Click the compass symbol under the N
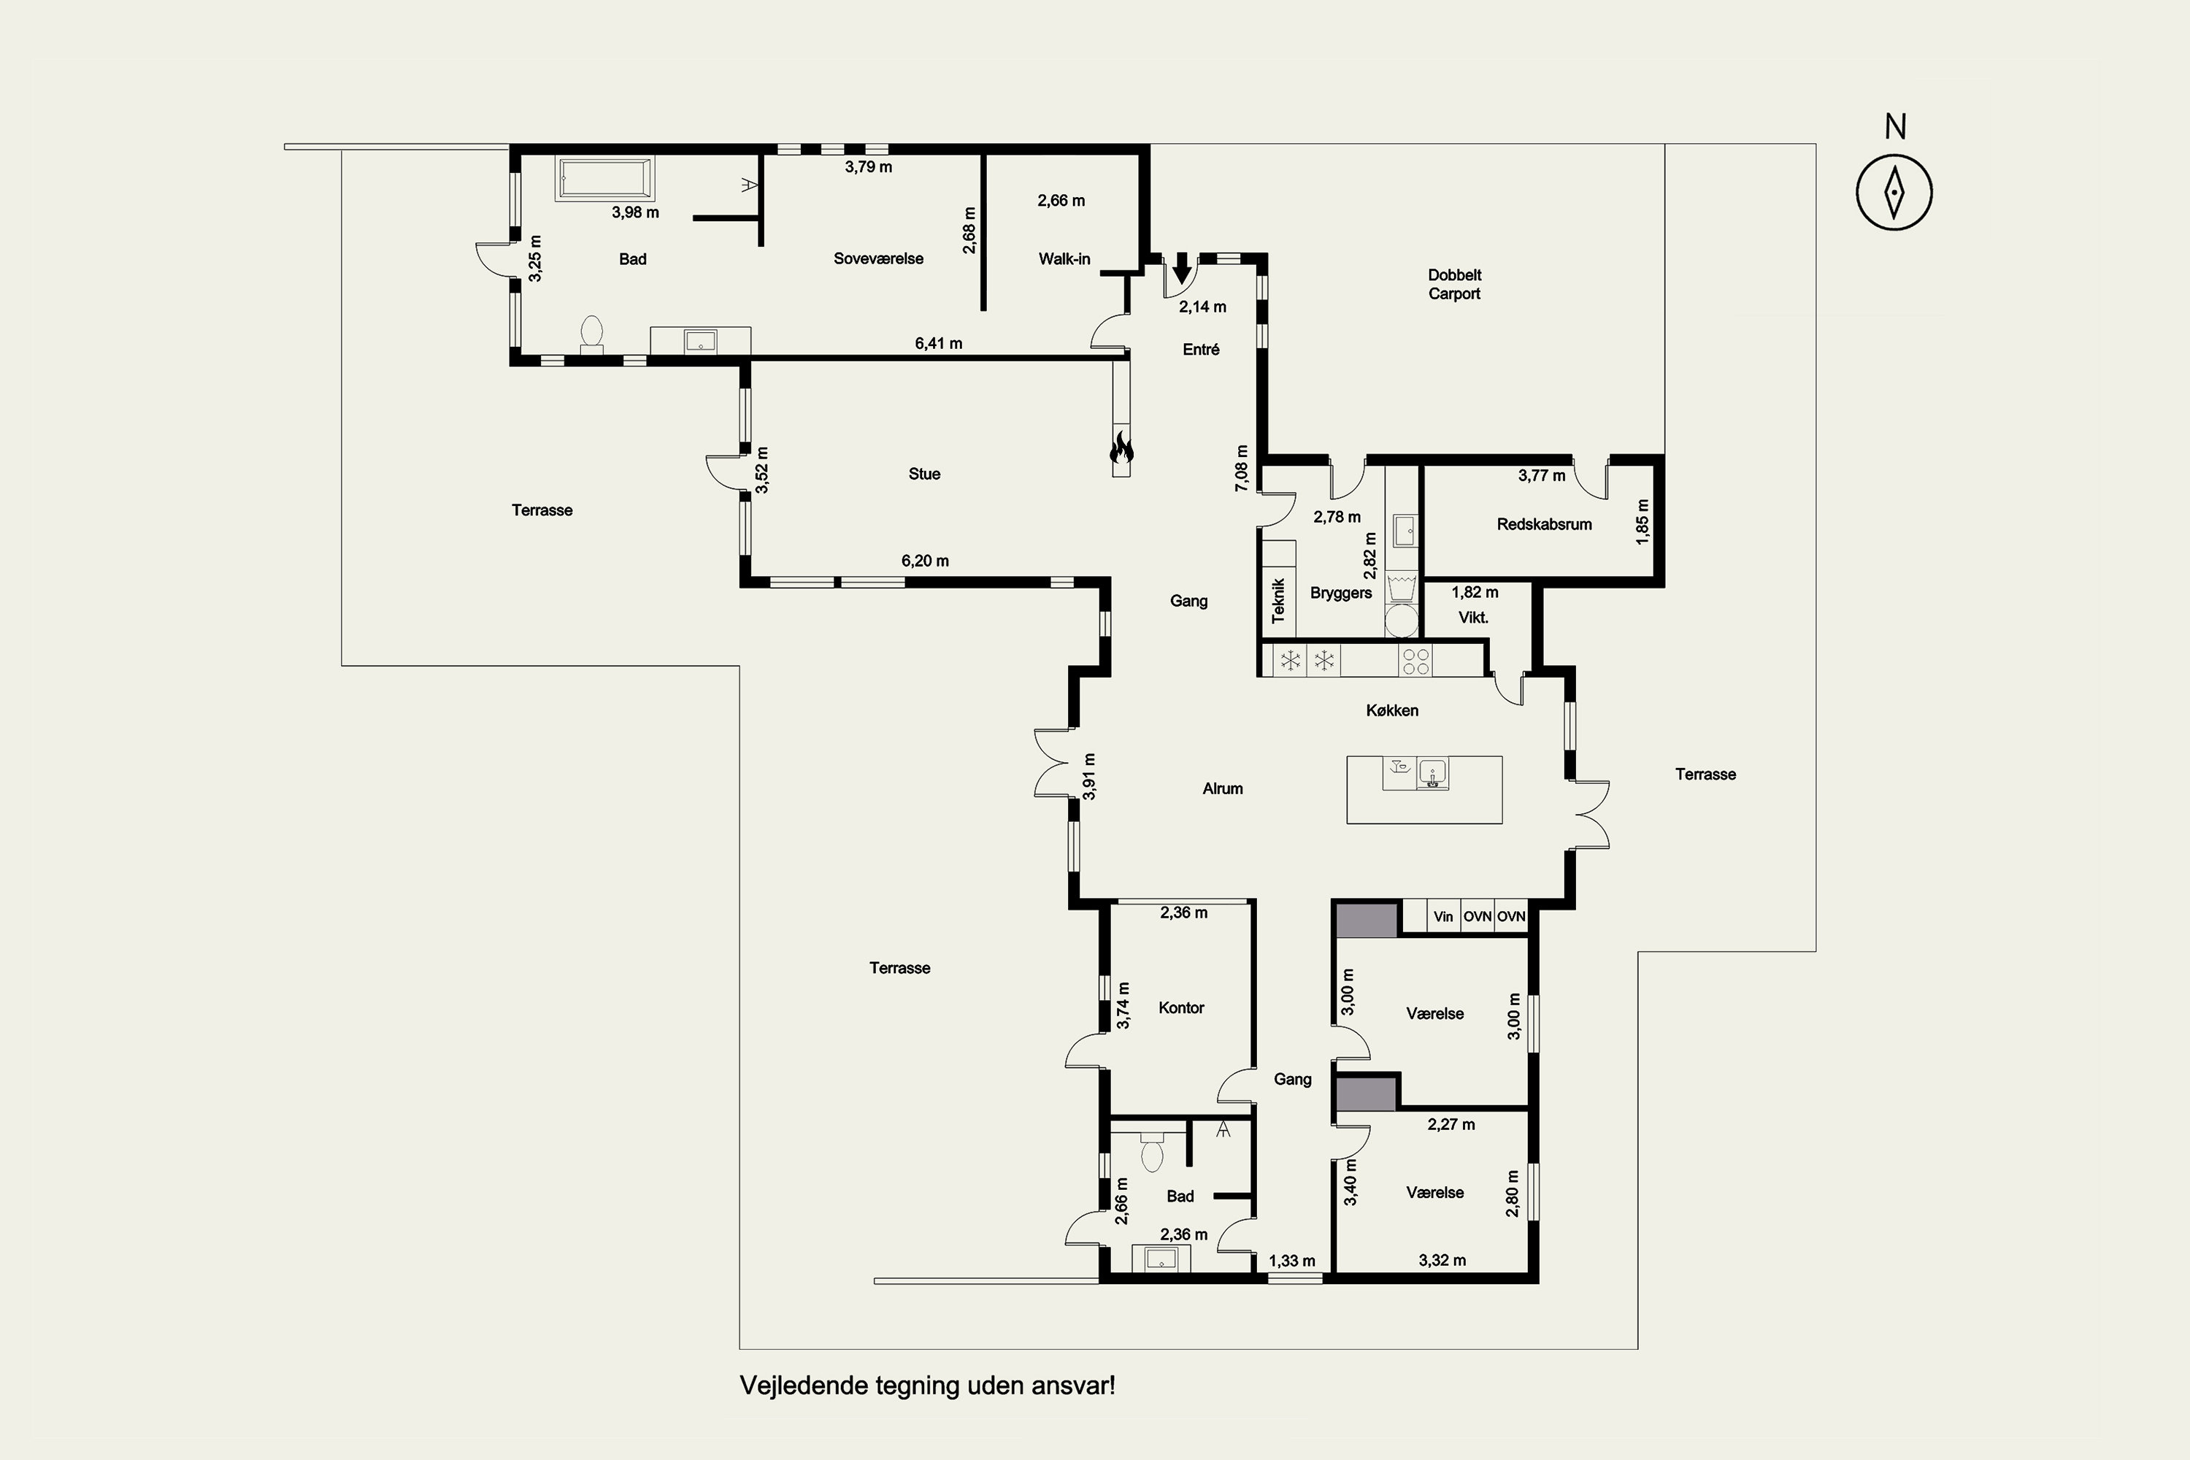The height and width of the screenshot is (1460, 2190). tap(1894, 193)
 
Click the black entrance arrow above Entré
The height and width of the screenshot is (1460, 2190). tap(1182, 268)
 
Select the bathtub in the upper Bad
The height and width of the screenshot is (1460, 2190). tap(605, 178)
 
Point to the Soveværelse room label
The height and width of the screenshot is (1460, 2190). tap(878, 259)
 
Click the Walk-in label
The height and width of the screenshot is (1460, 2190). tap(1064, 259)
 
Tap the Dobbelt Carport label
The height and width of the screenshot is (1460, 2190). tap(1454, 284)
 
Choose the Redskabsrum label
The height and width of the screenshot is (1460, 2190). tap(1544, 524)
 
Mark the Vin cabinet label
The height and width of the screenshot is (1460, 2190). tap(1443, 916)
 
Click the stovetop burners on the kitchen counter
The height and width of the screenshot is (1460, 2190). tap(1415, 661)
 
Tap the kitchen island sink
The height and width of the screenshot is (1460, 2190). tap(1432, 774)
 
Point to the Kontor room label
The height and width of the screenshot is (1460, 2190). tap(1182, 1007)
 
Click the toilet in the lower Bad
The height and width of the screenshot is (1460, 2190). tap(1152, 1152)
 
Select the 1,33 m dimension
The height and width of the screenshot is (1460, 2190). tap(1291, 1261)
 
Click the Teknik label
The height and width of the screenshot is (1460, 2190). tap(1278, 601)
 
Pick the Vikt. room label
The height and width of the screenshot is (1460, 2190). tap(1473, 618)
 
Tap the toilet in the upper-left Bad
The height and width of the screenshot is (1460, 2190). tap(591, 334)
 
